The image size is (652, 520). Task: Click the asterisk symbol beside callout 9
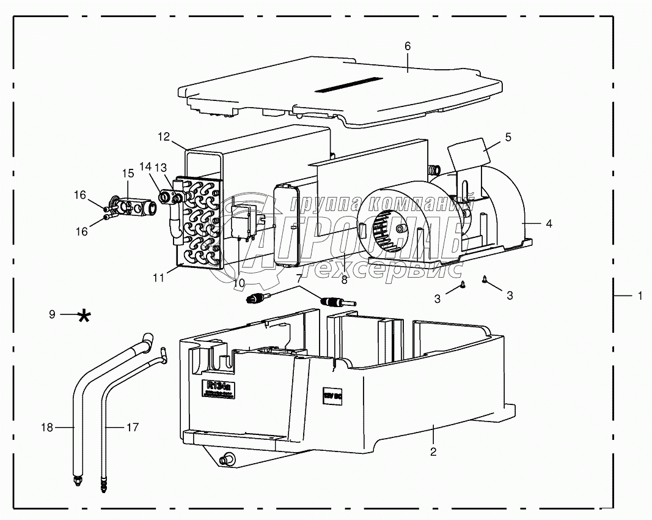pyautogui.click(x=84, y=316)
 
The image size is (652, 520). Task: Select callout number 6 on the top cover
pyautogui.click(x=408, y=46)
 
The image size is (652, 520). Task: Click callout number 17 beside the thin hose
pyautogui.click(x=133, y=428)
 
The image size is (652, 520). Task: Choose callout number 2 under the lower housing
pyautogui.click(x=433, y=452)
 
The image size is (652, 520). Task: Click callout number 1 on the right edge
pyautogui.click(x=640, y=295)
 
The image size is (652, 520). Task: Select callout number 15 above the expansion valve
pyautogui.click(x=127, y=174)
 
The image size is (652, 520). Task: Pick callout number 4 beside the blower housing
pyautogui.click(x=549, y=224)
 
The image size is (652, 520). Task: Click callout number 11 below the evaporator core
pyautogui.click(x=159, y=277)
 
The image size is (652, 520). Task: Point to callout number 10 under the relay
pyautogui.click(x=238, y=283)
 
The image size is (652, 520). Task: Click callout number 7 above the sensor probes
pyautogui.click(x=299, y=278)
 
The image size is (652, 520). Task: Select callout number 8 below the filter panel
pyautogui.click(x=344, y=280)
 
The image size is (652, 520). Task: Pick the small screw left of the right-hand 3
pyautogui.click(x=463, y=284)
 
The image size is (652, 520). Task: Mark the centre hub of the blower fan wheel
pyautogui.click(x=401, y=228)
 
